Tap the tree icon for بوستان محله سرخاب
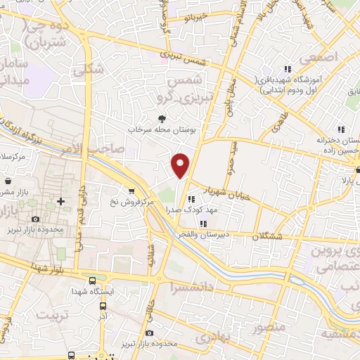(x=162, y=118)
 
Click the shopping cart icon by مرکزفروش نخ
(x=131, y=191)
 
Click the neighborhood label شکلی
(x=93, y=69)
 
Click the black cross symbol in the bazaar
(x=61, y=202)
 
